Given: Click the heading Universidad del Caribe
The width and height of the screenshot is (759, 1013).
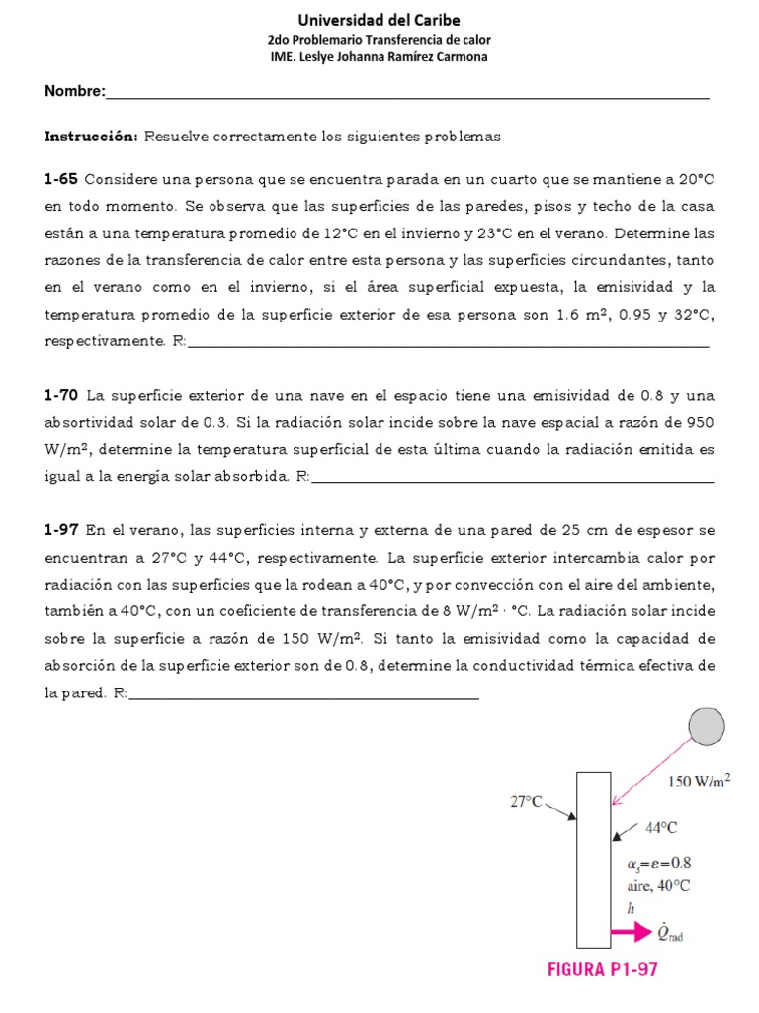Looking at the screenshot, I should click(379, 20).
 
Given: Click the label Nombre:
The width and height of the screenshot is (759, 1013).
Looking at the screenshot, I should click(74, 92).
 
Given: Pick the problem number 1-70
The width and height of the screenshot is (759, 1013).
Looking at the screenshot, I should click(61, 396).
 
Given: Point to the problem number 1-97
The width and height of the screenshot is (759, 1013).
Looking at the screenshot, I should click(61, 531).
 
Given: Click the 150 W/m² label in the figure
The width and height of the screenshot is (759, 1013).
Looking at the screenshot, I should click(699, 782).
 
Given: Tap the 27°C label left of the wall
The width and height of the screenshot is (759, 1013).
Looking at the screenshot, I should click(527, 802).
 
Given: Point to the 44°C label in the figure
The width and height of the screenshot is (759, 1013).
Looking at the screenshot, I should click(661, 827).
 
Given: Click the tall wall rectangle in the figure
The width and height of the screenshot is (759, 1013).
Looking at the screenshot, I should click(593, 859).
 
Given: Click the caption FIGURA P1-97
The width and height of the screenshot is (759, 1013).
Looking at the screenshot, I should click(602, 971).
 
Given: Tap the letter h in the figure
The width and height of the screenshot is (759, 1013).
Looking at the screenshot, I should click(630, 909).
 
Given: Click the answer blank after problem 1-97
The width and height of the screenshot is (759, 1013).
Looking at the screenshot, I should click(303, 694).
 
